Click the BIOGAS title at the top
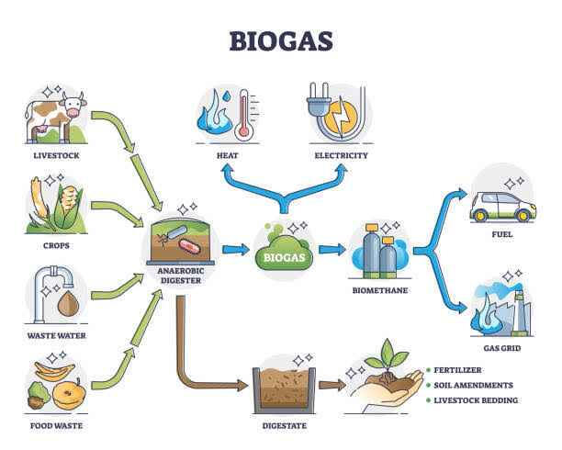click(x=281, y=41)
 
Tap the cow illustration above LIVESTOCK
click(x=55, y=118)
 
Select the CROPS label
click(x=56, y=245)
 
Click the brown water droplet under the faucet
click(x=69, y=304)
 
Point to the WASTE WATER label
click(x=57, y=335)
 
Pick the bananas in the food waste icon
click(x=54, y=371)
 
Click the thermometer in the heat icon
click(x=244, y=115)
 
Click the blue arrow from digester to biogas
click(x=235, y=249)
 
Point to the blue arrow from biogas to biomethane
click(x=332, y=249)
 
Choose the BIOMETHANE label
click(x=380, y=290)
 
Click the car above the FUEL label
click(x=503, y=207)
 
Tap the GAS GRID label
click(x=502, y=348)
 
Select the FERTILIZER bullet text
click(x=457, y=370)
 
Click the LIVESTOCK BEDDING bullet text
click(x=476, y=400)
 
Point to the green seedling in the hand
click(x=388, y=355)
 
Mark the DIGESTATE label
click(x=285, y=425)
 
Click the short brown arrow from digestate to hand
click(x=332, y=385)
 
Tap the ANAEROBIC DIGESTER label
click(x=181, y=276)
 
